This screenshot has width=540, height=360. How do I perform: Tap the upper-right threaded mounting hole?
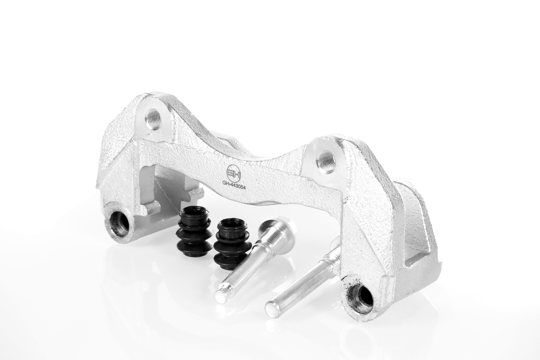tap(325, 162)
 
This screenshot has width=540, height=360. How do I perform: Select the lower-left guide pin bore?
tap(119, 223)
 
